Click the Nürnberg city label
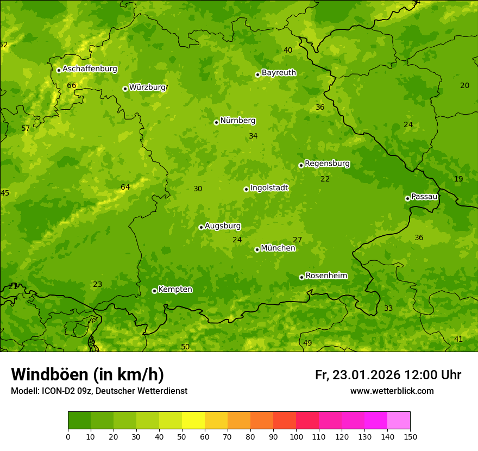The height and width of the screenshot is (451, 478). tap(237, 121)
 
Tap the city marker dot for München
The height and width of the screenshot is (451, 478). tap(257, 249)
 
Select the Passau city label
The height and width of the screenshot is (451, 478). tap(424, 197)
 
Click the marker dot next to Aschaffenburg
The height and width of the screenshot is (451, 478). tap(59, 70)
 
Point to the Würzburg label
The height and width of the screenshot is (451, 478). tap(147, 87)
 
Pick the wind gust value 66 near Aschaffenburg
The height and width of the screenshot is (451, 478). tap(72, 85)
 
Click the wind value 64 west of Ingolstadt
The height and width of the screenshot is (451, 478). tap(125, 187)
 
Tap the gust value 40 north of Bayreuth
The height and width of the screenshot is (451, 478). tap(288, 50)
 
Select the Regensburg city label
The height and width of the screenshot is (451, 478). tap(327, 164)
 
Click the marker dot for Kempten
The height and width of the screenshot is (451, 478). tap(154, 291)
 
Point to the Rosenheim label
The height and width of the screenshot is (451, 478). tap(326, 276)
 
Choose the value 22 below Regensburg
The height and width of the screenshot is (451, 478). tap(325, 179)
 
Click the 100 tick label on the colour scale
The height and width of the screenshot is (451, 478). tap(296, 436)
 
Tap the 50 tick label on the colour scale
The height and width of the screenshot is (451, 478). tap(182, 436)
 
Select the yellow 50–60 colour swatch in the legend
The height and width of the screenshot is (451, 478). tap(193, 421)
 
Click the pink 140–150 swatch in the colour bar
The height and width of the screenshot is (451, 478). tap(399, 421)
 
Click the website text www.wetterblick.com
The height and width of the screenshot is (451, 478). tap(392, 391)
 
